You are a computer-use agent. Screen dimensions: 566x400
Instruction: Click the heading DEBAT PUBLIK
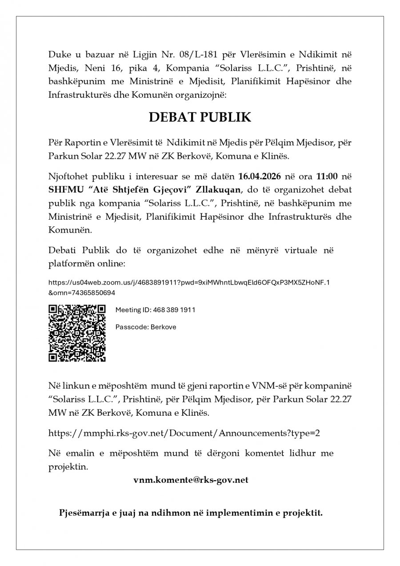(200, 117)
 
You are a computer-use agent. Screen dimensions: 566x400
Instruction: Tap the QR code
(77, 333)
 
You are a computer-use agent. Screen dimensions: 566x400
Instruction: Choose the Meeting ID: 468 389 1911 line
(155, 310)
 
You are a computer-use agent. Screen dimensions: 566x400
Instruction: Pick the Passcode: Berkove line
(146, 327)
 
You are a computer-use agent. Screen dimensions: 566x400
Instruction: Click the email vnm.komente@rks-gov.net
(191, 480)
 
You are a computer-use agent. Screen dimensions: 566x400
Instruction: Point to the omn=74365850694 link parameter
(84, 293)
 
